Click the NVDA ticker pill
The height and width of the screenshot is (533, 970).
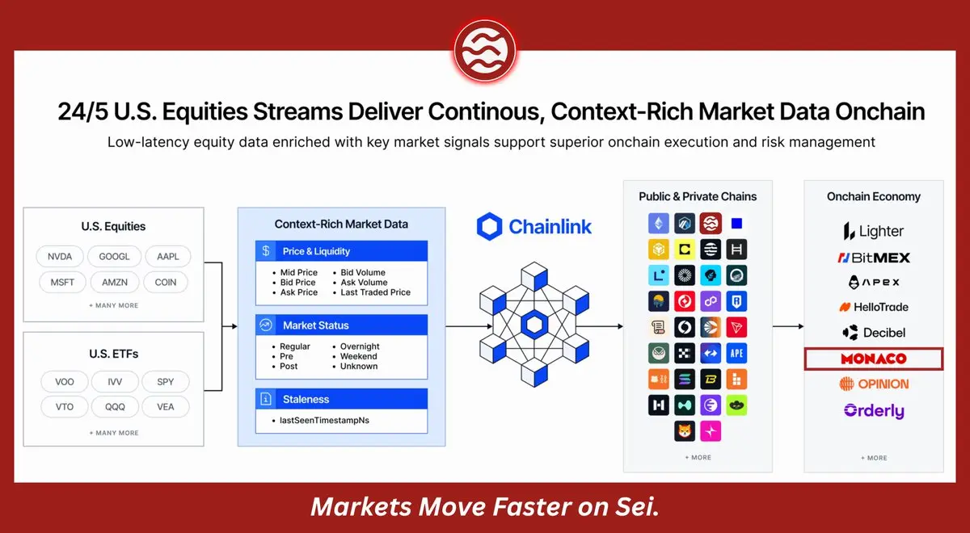pos(60,257)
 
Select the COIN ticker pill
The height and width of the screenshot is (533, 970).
pos(166,282)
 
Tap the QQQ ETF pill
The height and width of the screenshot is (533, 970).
pos(115,407)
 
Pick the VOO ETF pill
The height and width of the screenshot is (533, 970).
pos(65,381)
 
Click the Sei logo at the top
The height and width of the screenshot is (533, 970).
pos(485,51)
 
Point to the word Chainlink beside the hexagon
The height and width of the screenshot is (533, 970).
pos(550,227)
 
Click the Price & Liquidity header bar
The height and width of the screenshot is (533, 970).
pos(341,251)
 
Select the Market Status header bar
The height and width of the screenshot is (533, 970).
pos(341,325)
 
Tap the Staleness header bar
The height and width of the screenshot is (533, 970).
pos(341,399)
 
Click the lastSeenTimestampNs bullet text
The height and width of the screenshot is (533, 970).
pos(324,420)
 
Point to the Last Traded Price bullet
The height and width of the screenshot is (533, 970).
pos(375,292)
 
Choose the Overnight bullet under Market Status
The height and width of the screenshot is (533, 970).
pos(360,346)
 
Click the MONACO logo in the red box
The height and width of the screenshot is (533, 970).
pos(874,359)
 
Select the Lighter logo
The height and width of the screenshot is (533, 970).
pos(874,231)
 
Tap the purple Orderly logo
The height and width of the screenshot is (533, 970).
pos(874,410)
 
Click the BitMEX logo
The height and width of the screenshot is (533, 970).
pos(874,258)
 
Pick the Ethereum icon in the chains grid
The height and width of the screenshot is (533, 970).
pos(658,223)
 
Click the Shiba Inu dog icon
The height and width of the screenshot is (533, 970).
pos(684,431)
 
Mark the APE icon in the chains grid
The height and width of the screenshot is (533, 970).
pos(736,353)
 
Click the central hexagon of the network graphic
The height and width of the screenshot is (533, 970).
pos(534,325)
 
